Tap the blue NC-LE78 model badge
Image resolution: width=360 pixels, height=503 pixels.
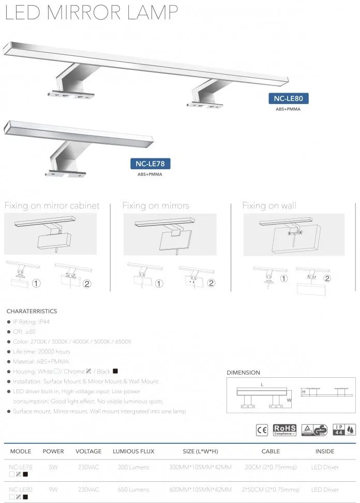[x=150, y=164]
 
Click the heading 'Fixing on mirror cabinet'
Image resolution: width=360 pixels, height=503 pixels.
[x=52, y=205]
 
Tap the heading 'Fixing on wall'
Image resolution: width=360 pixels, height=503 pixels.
[x=269, y=205]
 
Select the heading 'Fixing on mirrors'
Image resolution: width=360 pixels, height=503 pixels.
[x=156, y=205]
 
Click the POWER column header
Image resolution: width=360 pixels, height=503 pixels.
[x=53, y=451]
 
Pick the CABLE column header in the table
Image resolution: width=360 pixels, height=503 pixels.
[x=271, y=451]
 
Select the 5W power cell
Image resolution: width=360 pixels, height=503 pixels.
[x=53, y=467]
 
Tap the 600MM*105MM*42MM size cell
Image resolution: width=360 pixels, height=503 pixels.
[x=200, y=489]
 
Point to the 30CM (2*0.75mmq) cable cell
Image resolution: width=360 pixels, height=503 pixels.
[x=271, y=467]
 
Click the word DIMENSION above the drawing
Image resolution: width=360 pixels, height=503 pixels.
[x=244, y=373]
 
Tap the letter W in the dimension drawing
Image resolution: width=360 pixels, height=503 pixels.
[x=290, y=400]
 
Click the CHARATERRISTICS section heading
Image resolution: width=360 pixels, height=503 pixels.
[x=32, y=312]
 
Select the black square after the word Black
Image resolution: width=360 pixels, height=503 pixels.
[x=115, y=371]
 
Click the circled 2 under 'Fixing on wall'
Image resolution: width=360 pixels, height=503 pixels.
[x=327, y=278]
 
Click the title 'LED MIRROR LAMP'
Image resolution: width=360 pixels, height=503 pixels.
[x=92, y=12]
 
